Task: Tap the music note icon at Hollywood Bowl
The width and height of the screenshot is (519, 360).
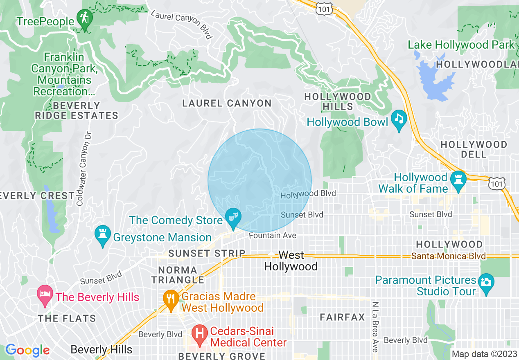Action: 399,119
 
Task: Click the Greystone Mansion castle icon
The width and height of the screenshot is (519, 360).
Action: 102,235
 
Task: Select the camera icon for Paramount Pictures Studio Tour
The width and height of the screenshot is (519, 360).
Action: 486,283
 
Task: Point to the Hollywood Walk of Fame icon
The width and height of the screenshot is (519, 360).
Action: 458,180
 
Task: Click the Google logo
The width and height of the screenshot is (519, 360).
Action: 27,350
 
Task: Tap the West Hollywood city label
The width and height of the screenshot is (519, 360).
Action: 291,261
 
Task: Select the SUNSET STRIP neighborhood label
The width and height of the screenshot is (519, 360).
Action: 207,254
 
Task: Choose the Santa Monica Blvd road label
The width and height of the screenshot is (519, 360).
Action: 449,256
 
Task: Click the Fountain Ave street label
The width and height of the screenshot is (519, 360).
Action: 272,236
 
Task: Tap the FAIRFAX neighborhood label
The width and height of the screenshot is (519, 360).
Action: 342,317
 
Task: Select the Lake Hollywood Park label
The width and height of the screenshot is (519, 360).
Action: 461,45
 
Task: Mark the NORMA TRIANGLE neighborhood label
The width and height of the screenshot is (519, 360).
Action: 178,275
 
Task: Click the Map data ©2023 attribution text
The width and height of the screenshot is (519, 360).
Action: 484,354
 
